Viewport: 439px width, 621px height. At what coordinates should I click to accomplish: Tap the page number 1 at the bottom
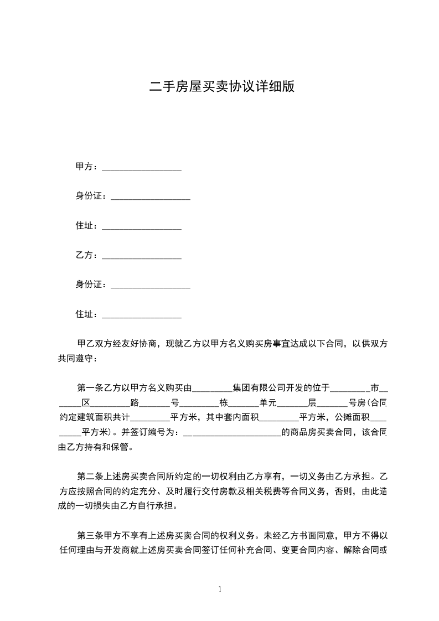[220, 589]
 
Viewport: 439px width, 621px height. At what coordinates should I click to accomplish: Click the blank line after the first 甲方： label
[142, 168]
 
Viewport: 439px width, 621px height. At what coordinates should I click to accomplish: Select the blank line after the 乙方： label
[142, 256]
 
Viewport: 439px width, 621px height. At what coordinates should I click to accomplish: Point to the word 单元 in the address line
[260, 402]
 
